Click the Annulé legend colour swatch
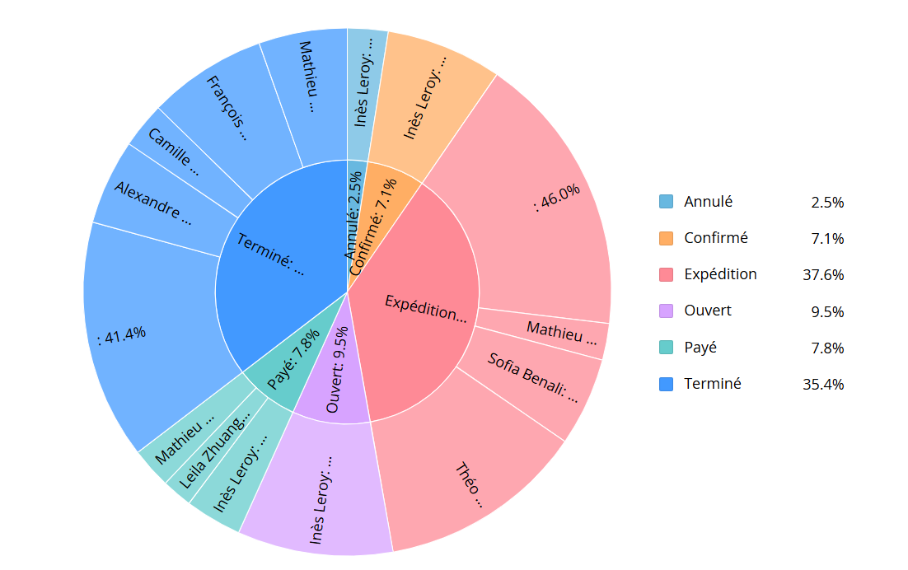click(666, 201)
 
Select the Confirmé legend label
click(716, 238)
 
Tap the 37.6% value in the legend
click(823, 275)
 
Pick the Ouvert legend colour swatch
click(666, 311)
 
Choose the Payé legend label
click(700, 348)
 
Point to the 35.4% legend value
click(823, 384)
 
